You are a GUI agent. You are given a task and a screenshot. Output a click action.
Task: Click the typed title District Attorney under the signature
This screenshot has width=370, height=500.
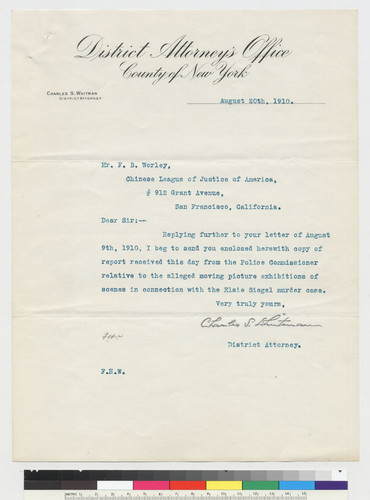265,345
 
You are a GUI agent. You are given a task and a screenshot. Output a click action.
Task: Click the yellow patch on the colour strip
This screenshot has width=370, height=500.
222,486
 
